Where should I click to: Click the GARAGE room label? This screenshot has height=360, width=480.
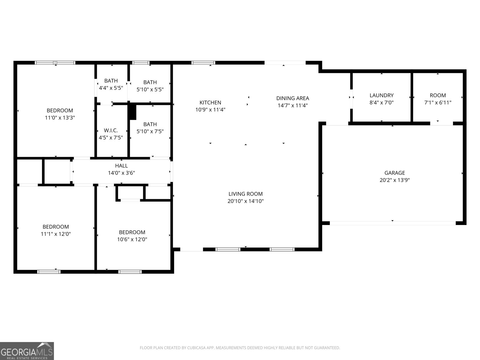[x=394, y=173]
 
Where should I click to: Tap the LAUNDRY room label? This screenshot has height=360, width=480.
[x=381, y=95]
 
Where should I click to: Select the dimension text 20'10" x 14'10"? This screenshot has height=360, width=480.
[x=245, y=201]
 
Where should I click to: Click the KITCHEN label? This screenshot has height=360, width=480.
[x=210, y=103]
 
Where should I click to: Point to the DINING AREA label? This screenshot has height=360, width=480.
[x=292, y=98]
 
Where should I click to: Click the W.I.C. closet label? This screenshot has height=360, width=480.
[x=111, y=130]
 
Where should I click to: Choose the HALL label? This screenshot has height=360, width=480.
[x=121, y=166]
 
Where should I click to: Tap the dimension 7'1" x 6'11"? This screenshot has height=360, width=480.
[x=438, y=103]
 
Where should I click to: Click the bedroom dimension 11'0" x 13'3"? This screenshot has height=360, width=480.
[x=60, y=118]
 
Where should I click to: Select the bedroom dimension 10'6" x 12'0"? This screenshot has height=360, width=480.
[x=132, y=239]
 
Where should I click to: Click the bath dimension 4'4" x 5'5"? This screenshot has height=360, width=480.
[x=111, y=88]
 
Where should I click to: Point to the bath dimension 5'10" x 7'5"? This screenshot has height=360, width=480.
[x=150, y=131]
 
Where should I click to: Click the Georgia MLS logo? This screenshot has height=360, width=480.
[x=27, y=351]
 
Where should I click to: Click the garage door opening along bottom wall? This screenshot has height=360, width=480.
[x=392, y=223]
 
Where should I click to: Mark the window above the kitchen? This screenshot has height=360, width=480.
[x=203, y=63]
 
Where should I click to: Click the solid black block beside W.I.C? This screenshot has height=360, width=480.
[x=132, y=112]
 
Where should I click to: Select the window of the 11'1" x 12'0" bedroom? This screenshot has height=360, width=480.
[x=49, y=272]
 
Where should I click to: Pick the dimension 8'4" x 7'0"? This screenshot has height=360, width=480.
[x=381, y=103]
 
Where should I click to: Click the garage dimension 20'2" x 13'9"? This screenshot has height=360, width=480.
[x=394, y=180]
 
